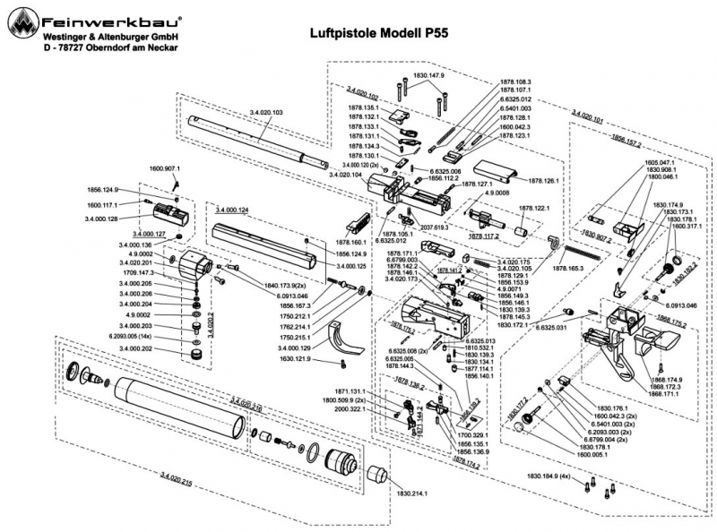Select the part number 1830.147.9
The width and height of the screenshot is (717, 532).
tap(428, 76)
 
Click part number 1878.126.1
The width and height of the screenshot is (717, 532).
tap(537, 180)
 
